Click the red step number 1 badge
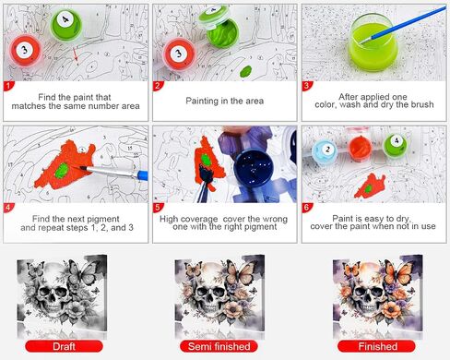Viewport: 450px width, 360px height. pyautogui.click(x=8, y=86)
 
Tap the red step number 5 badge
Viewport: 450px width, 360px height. pyautogui.click(x=158, y=208)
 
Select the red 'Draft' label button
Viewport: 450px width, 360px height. pyautogui.click(x=64, y=346)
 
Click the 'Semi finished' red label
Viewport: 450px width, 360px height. pyautogui.click(x=219, y=346)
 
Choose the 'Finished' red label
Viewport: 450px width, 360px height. pyautogui.click(x=377, y=346)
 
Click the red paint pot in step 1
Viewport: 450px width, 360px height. pyautogui.click(x=25, y=51)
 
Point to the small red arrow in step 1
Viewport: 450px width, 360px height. pyautogui.click(x=76, y=54)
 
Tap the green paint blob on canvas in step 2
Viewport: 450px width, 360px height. pyautogui.click(x=246, y=71)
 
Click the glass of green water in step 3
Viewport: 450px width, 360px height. pyautogui.click(x=373, y=42)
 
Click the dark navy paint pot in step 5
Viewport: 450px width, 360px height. pyautogui.click(x=254, y=169)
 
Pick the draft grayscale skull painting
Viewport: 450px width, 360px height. pyautogui.click(x=62, y=297)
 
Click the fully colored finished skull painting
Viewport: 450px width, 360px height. pyautogui.click(x=378, y=297)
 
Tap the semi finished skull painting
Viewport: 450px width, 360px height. pyautogui.click(x=219, y=297)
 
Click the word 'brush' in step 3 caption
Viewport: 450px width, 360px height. pyautogui.click(x=422, y=104)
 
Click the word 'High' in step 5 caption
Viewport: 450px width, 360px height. pyautogui.click(x=169, y=220)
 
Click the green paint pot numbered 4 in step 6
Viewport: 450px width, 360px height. pyautogui.click(x=396, y=145)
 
